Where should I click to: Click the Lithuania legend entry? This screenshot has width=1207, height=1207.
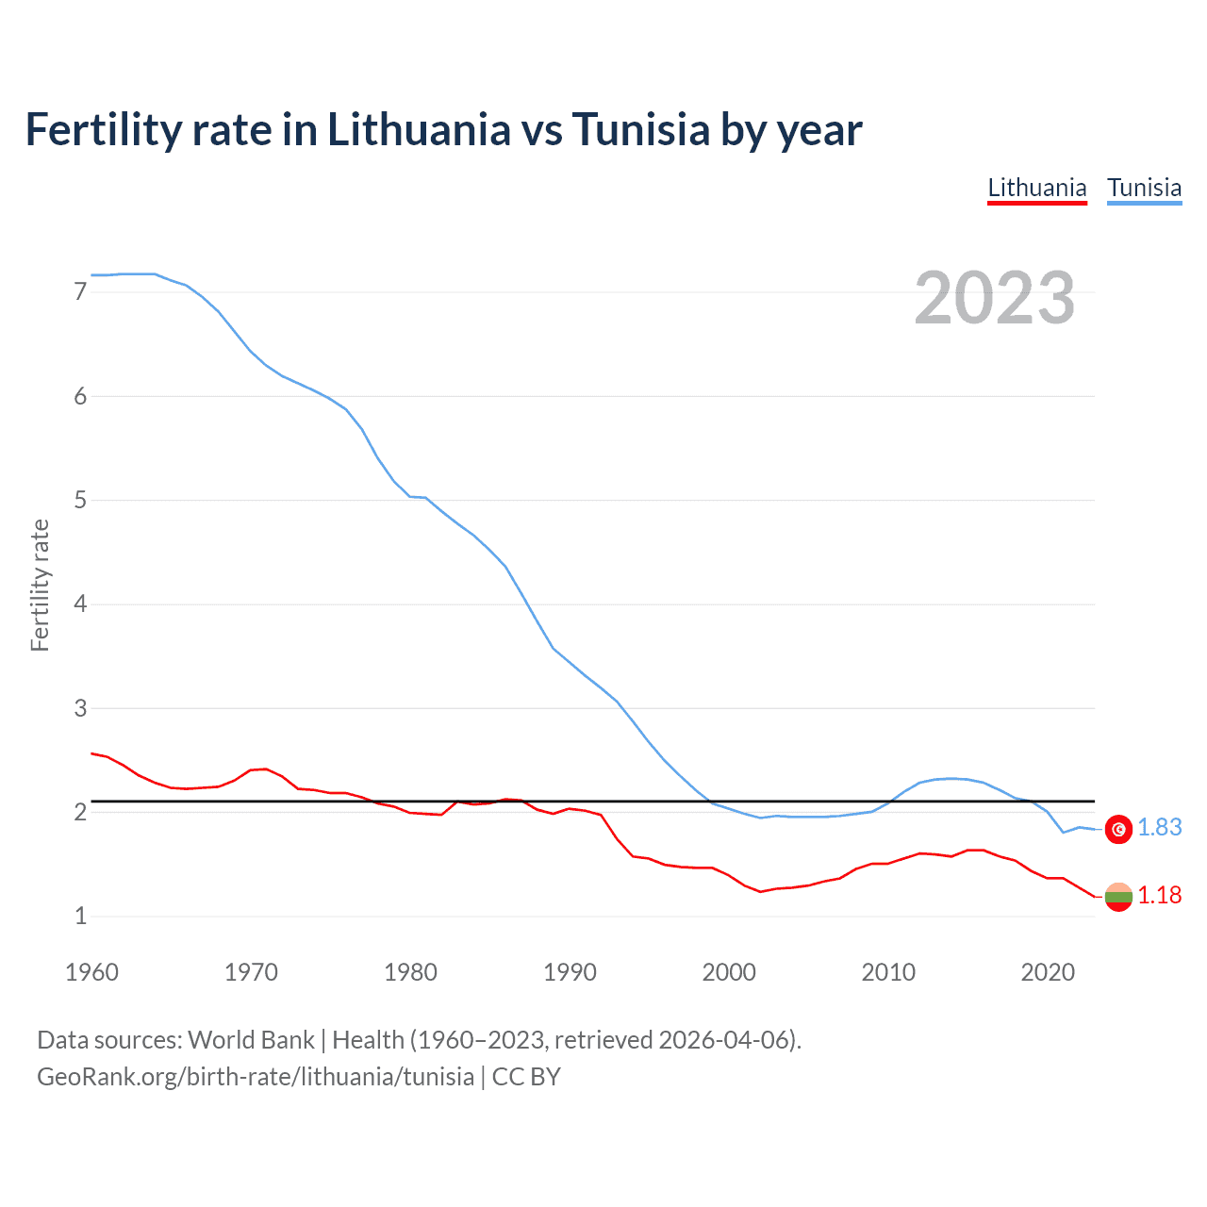coord(1037,188)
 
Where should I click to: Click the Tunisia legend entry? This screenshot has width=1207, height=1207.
coord(1144,188)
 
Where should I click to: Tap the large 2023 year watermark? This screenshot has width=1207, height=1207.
coord(995,298)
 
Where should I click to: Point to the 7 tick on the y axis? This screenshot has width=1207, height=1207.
coord(80,292)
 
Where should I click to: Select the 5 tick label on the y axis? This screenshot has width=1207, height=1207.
coord(80,500)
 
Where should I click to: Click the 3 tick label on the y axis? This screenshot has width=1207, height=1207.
coord(80,708)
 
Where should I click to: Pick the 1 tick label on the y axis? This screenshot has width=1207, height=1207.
coord(80,916)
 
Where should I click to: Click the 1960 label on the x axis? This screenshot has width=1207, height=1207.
coord(91,972)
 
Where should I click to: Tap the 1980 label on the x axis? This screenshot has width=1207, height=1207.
coord(410,972)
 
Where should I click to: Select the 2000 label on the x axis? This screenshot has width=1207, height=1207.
coord(729,972)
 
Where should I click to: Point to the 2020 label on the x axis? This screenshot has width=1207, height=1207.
coord(1048,972)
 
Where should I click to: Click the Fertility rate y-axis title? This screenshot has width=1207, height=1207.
coord(40,585)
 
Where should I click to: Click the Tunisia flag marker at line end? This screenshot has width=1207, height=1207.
coord(1118,829)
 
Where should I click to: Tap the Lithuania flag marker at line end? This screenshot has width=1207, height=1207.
coord(1118,897)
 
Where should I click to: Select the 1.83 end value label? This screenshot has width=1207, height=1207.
coord(1159,828)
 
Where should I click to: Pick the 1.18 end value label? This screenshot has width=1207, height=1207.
coord(1159,896)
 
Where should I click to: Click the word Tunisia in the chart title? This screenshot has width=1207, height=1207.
coord(641,130)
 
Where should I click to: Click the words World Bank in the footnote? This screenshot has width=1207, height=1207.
coord(251,1040)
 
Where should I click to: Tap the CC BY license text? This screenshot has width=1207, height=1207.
coord(526,1077)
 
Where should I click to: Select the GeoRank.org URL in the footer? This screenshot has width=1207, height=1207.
coord(256,1077)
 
